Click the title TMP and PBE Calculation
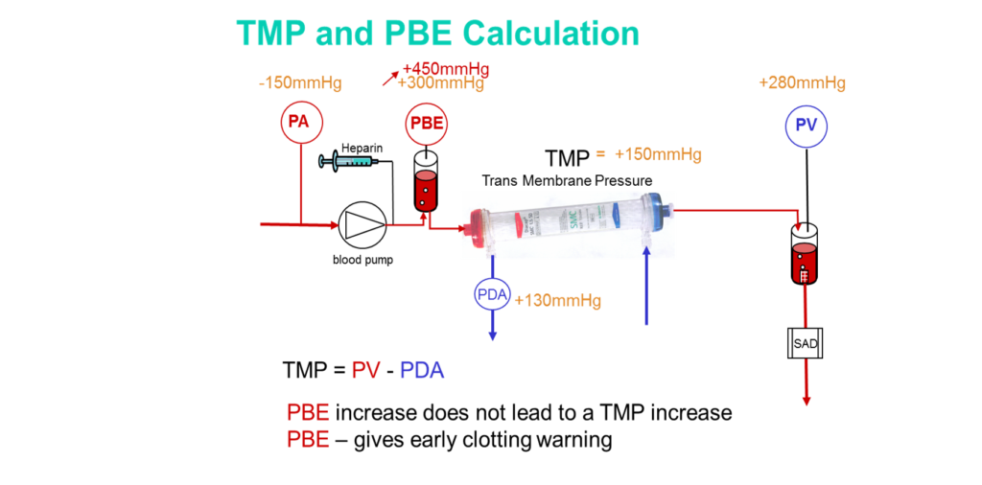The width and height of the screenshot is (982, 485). pos(437,34)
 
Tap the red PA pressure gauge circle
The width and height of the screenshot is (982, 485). pos(301,123)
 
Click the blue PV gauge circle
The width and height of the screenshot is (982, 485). pos(806,127)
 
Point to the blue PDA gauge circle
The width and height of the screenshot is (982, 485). pos(493,293)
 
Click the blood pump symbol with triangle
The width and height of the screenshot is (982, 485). pos(362,225)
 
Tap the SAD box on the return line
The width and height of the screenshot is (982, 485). pos(806,342)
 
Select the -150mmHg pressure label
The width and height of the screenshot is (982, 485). pos(300,82)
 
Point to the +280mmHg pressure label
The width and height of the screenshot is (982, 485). pos(802,82)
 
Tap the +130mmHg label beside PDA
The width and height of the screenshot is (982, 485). pos(557,301)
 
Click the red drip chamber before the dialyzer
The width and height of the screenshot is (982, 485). pos(425,191)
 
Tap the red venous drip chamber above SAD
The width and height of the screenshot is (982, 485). pos(804,263)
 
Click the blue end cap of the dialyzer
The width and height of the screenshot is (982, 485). pos(661,208)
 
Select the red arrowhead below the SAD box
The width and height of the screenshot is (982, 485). pos(806,401)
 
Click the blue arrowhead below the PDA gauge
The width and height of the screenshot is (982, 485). pos(493,335)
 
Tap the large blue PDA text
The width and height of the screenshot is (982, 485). pos(422,370)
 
